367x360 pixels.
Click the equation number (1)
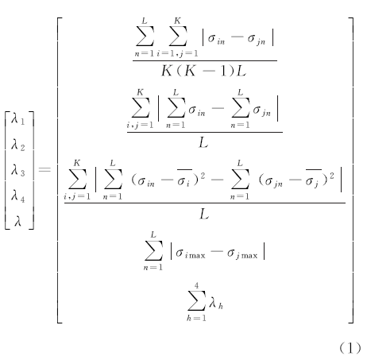350,348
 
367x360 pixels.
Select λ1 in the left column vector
17,119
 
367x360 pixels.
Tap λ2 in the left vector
17,145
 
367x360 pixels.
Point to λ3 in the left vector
17,170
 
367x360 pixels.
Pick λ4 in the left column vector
17,196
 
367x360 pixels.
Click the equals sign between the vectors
44,169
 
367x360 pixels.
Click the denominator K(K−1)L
203,71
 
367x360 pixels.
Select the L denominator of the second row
203,143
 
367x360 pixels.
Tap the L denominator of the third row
204,214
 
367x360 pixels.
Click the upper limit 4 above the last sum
196,285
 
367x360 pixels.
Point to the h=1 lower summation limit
196,318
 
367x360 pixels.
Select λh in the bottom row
216,303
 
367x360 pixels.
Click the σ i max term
191,254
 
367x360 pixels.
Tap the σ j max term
242,254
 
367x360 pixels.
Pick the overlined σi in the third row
184,179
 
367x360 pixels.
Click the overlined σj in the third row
313,179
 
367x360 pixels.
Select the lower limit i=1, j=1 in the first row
177,53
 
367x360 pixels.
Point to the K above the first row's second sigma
177,21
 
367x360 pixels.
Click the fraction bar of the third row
205,203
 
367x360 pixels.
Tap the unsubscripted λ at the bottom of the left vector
17,221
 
